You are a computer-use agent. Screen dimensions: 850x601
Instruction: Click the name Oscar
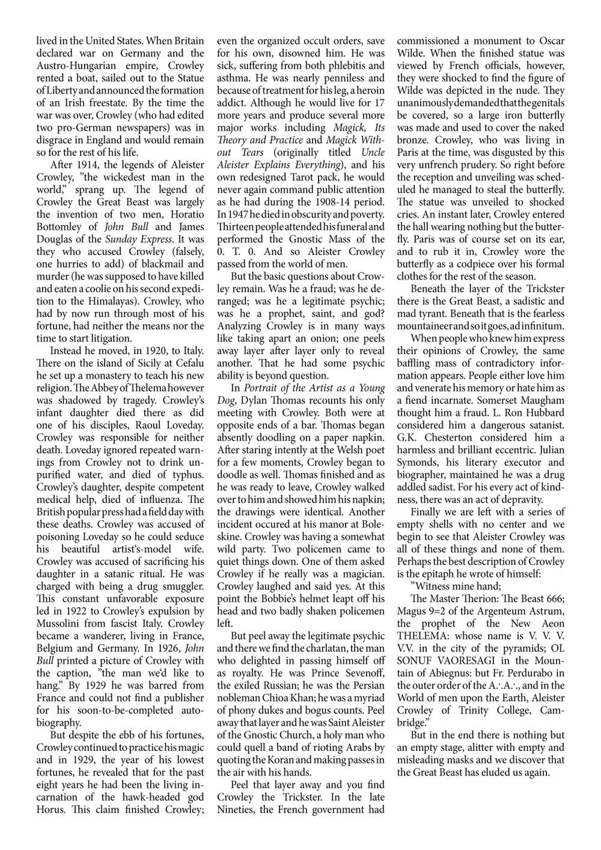click(x=551, y=41)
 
